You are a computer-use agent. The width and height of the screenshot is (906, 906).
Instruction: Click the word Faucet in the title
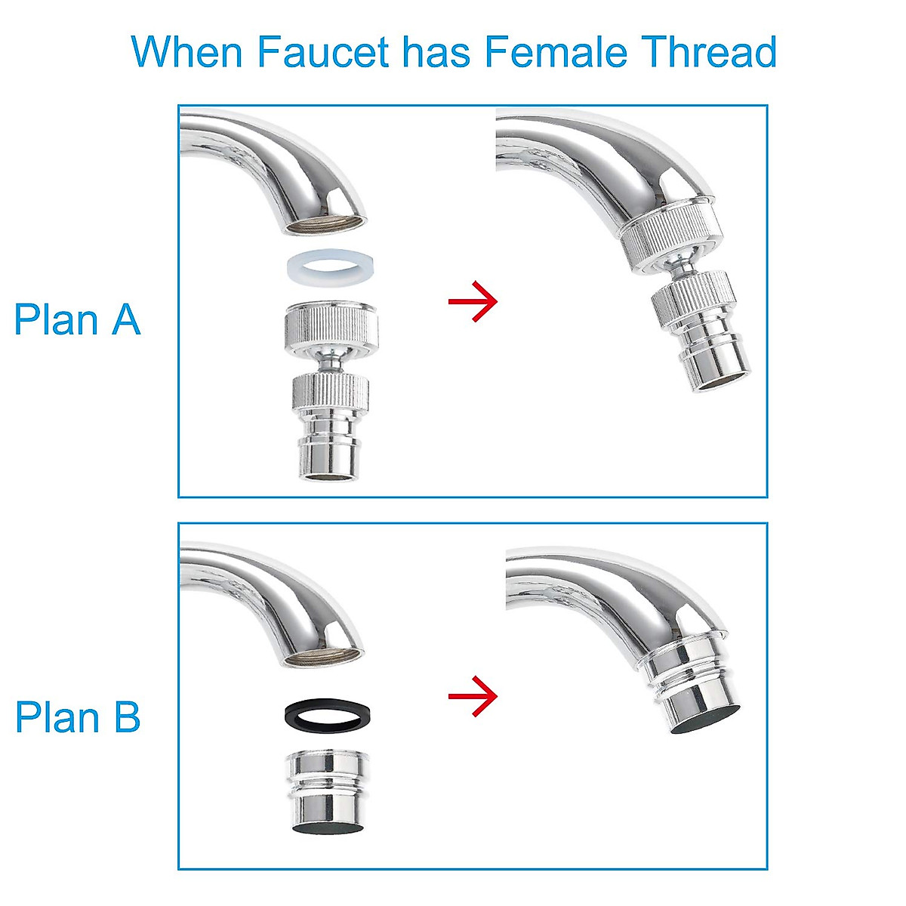pyautogui.click(x=323, y=51)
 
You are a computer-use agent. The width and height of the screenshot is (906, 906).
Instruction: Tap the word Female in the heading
pyautogui.click(x=556, y=51)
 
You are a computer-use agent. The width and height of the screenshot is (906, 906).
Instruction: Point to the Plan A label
pyautogui.click(x=77, y=319)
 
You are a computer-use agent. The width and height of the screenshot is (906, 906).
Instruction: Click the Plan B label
pyautogui.click(x=78, y=716)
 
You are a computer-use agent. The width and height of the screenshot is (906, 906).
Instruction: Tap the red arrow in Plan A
pyautogui.click(x=473, y=302)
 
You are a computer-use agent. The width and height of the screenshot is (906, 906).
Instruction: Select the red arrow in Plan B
pyautogui.click(x=473, y=695)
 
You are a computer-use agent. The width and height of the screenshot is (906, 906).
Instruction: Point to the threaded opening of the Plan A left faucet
pyautogui.click(x=325, y=224)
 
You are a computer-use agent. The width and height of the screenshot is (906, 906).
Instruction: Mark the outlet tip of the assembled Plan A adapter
pyautogui.click(x=721, y=370)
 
